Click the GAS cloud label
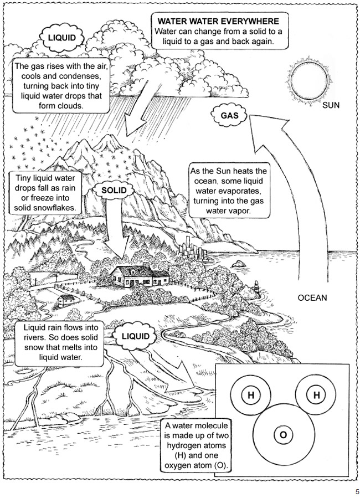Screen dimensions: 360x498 tap(229, 115)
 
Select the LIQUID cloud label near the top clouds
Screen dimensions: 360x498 tap(62, 38)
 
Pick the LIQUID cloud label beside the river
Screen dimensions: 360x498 tap(136, 336)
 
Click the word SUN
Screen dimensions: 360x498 tap(331, 105)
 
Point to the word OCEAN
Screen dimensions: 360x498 tap(312, 297)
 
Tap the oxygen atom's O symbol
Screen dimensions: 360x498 tap(283, 434)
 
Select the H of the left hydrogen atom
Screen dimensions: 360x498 tap(251, 395)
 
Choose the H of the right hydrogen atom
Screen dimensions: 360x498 tap(316, 395)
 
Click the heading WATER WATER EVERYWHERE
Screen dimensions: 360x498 tap(218, 21)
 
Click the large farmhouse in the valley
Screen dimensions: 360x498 tap(139, 275)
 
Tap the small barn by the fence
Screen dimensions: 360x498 tap(66, 300)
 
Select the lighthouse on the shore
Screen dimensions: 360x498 tap(256, 287)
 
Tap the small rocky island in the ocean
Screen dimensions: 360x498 tap(238, 264)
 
